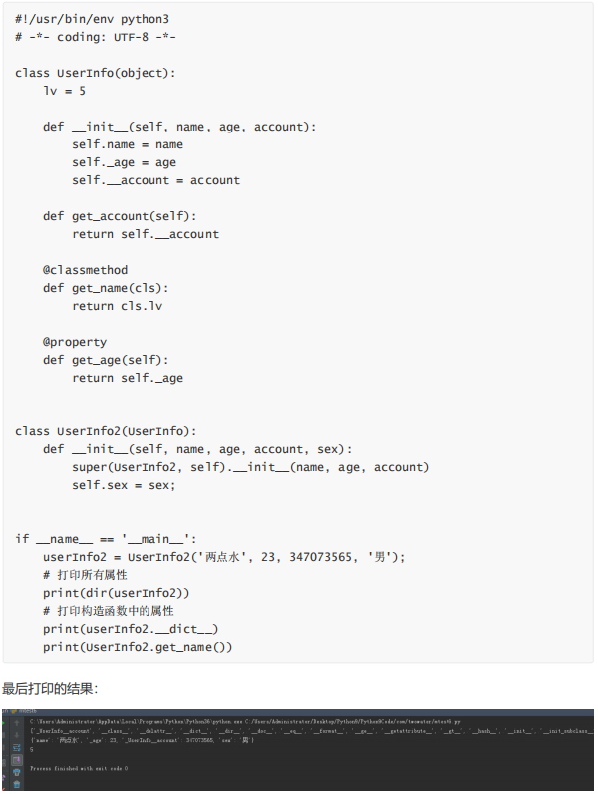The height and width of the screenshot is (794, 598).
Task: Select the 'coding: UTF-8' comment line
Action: [94, 37]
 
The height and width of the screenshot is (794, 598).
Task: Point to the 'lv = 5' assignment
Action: [64, 91]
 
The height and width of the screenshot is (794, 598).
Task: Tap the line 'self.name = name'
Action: [128, 144]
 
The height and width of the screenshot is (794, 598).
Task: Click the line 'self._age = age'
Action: [124, 162]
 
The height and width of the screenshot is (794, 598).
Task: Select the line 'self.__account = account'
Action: [155, 180]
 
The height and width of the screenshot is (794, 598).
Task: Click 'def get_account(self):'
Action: [120, 216]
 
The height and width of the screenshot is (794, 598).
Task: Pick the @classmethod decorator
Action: [85, 270]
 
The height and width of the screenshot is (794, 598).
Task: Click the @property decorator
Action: [75, 342]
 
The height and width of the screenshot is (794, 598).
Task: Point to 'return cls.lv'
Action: [117, 306]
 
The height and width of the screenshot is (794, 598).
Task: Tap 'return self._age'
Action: [128, 378]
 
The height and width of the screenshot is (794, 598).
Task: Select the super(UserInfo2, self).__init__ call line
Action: [250, 467]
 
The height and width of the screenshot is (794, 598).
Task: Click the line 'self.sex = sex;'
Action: [124, 485]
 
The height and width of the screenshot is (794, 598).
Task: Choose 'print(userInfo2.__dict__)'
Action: [131, 629]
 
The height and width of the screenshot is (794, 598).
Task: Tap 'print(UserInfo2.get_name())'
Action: [138, 647]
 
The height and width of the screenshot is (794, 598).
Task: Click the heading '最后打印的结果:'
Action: [50, 688]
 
